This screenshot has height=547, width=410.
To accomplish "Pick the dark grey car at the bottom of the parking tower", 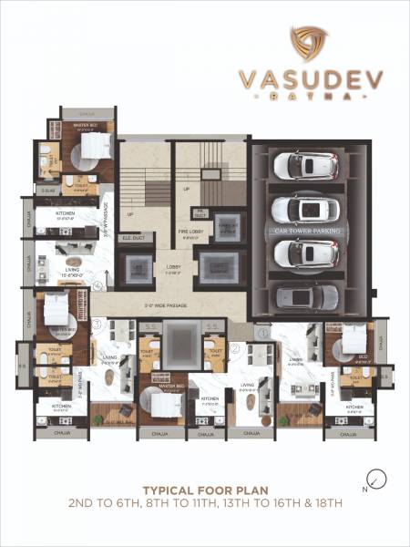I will click(306, 296).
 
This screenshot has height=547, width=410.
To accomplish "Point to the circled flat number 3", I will click(97, 324).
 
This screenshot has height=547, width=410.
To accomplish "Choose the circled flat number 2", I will click(234, 347).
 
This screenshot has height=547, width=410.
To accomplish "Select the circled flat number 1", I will click(265, 334).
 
